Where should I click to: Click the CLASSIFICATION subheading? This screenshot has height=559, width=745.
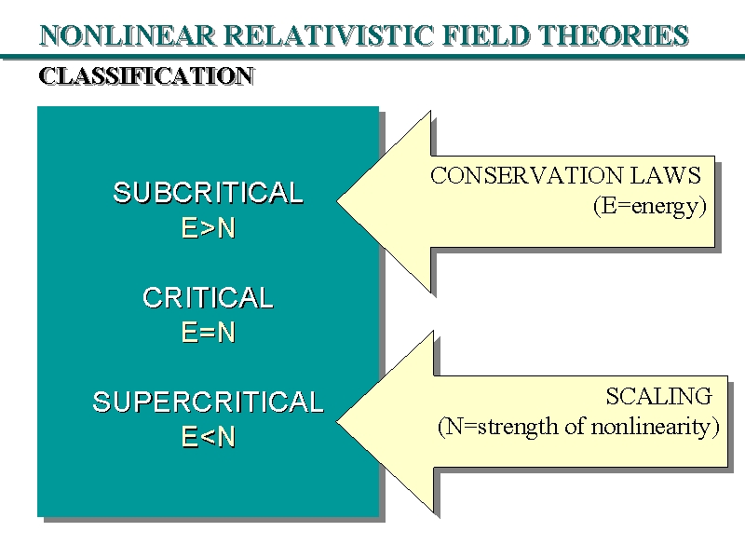pyautogui.click(x=145, y=76)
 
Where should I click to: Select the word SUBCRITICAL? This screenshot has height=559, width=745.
pyautogui.click(x=208, y=194)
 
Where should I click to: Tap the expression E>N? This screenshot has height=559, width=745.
pyautogui.click(x=208, y=228)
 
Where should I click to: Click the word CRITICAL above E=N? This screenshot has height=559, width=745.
pyautogui.click(x=208, y=298)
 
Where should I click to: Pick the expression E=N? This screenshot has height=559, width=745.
pyautogui.click(x=208, y=333)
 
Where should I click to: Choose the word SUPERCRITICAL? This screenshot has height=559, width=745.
pyautogui.click(x=208, y=402)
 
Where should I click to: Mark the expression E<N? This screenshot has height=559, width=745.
pyautogui.click(x=208, y=437)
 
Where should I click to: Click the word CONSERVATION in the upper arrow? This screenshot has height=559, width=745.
pyautogui.click(x=519, y=175)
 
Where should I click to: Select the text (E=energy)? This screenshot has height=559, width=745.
pyautogui.click(x=650, y=207)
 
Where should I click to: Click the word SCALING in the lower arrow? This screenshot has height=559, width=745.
pyautogui.click(x=658, y=396)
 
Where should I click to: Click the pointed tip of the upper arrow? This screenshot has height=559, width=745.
pyautogui.click(x=340, y=200)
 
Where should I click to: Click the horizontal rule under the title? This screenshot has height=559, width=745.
pyautogui.click(x=372, y=57)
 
